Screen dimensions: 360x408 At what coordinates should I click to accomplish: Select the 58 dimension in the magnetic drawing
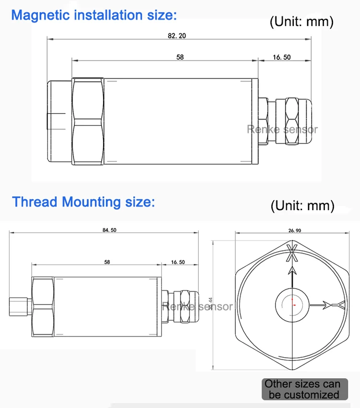click(x=180, y=57)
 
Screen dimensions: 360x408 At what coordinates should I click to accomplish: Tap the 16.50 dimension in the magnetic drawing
click(x=282, y=57)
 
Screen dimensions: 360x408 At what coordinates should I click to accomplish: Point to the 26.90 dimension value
click(x=295, y=230)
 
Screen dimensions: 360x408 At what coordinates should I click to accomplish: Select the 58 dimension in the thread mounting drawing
click(x=107, y=262)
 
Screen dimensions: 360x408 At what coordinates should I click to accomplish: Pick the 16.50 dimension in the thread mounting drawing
click(x=178, y=262)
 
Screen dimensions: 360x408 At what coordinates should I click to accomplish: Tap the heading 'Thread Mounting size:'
click(x=84, y=202)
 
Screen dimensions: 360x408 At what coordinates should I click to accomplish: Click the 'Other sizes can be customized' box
click(x=301, y=389)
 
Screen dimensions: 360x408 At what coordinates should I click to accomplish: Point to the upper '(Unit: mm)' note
click(x=301, y=21)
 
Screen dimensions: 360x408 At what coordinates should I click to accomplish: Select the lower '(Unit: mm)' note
click(x=302, y=206)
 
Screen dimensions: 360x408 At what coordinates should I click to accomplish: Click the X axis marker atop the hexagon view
click(x=292, y=253)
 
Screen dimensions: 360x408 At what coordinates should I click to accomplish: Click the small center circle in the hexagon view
click(x=293, y=305)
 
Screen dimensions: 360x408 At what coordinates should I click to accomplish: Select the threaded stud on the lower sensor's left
click(x=19, y=307)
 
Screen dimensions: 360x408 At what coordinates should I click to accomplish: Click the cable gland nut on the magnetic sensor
click(x=292, y=120)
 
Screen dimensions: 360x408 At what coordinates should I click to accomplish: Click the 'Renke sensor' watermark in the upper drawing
click(x=282, y=129)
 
